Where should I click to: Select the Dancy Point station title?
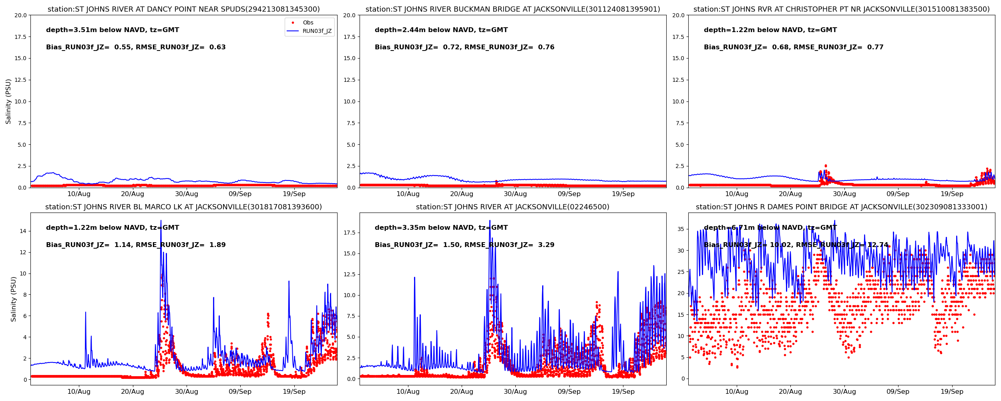[183, 9]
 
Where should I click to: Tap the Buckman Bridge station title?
[513, 9]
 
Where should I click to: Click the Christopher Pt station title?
[841, 9]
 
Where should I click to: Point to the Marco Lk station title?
[183, 207]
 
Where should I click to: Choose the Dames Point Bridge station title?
[841, 207]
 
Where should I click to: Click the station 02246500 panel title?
[513, 207]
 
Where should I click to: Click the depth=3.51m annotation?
[113, 30]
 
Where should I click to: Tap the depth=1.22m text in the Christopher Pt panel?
[770, 30]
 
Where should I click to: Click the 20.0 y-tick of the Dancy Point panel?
[20, 15]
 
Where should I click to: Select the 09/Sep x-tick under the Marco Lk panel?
[240, 391]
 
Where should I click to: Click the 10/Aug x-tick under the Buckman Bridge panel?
[408, 194]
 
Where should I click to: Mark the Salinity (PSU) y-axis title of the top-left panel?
[8, 101]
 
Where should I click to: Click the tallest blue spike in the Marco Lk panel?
[161, 221]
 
